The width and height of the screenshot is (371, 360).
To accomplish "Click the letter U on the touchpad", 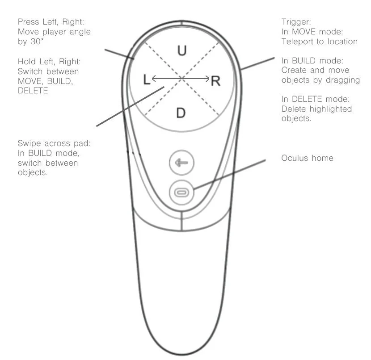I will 181,50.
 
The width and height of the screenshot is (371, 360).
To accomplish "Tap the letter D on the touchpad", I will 181,113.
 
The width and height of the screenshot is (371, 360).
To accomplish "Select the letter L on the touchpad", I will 147,80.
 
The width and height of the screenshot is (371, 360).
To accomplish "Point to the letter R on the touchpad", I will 216,81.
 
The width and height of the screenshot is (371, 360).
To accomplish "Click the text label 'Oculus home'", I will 307,158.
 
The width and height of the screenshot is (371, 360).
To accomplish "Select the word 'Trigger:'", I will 295,22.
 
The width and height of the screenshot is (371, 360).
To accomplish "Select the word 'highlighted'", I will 330,109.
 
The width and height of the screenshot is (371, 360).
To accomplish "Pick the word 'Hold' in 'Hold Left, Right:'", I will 26,61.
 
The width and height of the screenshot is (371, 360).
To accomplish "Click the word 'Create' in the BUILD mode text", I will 295,70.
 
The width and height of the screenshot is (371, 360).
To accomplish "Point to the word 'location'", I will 341,42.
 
